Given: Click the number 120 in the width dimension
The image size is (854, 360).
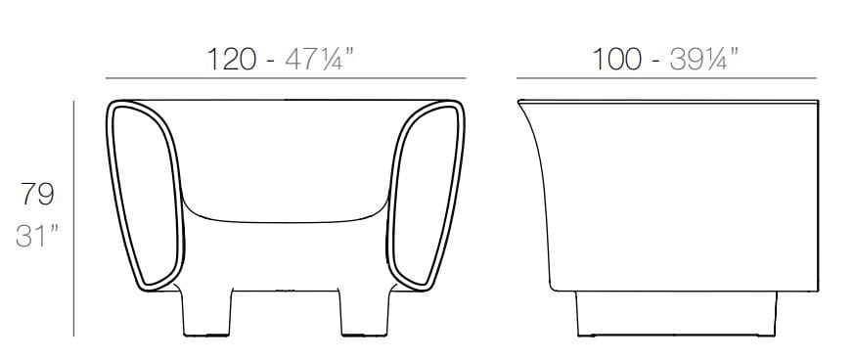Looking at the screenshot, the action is coord(232,59).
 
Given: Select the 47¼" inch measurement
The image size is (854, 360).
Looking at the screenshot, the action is coord(320,59).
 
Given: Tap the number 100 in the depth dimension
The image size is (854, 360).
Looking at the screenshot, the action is coord(616,59).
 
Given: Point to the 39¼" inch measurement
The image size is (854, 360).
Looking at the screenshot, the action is coord(704,59).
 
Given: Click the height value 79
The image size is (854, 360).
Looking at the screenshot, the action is coord(37,194).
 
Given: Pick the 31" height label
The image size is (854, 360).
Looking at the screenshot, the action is coord(36,236).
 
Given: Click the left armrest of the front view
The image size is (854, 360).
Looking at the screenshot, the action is coord(145,196).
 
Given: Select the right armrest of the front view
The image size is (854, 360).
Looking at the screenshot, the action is coord(426,196).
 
